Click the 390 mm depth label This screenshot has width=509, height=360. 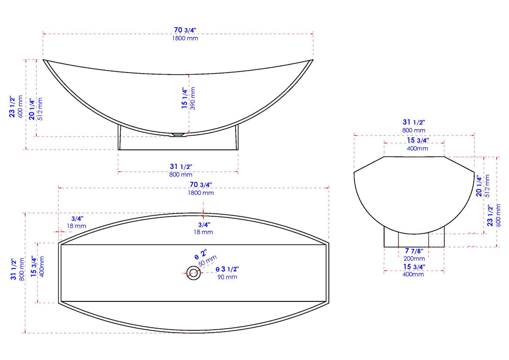(193, 98)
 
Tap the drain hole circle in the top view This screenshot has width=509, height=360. (193, 272)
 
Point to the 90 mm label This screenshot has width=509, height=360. (228, 277)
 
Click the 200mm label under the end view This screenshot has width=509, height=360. (414, 259)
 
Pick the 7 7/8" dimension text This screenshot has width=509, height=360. (414, 251)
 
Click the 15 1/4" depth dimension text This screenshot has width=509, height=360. (184, 98)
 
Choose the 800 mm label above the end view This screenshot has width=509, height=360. (414, 130)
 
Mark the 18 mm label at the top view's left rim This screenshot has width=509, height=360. (77, 226)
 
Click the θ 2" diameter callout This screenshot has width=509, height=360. (200, 255)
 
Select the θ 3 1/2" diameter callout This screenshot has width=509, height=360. (227, 269)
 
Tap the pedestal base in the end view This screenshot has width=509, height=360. (414, 239)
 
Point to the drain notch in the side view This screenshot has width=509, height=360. (177, 134)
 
